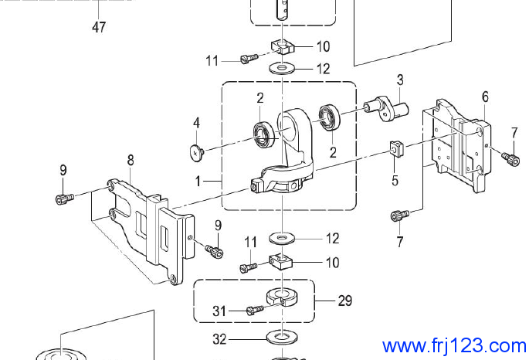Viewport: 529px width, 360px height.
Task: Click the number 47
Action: [x=99, y=27]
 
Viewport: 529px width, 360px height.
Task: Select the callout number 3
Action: [x=400, y=80]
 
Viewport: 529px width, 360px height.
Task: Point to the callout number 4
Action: [x=196, y=123]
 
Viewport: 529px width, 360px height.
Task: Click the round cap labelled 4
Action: [x=196, y=151]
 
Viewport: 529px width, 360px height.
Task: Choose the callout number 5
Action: [x=395, y=180]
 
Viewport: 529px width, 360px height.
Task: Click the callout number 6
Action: [x=485, y=97]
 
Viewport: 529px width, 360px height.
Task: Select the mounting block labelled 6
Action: [x=457, y=143]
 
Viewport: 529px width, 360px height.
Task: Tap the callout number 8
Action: [x=131, y=160]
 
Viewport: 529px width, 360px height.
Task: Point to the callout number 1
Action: [x=198, y=181]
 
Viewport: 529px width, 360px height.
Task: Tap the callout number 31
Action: [x=220, y=311]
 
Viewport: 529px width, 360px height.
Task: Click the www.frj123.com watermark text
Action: [x=454, y=345]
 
